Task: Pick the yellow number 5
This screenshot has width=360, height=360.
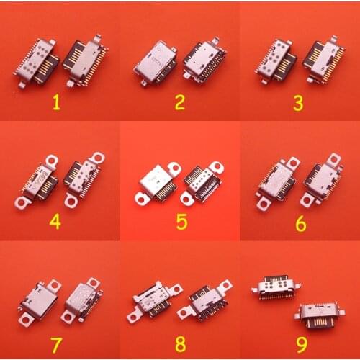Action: click(x=181, y=221)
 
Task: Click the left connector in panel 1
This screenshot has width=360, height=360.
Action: click(x=35, y=62)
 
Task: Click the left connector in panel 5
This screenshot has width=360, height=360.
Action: click(x=158, y=181)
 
